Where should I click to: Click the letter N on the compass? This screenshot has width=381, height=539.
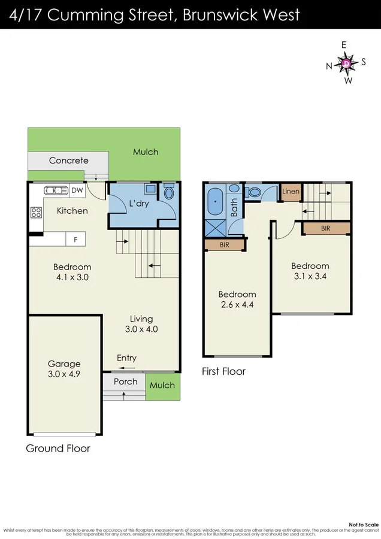(x=329, y=66)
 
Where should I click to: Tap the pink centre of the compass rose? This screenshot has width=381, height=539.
(x=346, y=63)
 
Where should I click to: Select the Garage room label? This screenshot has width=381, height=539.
(x=64, y=364)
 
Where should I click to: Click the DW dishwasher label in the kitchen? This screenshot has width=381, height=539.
(x=77, y=190)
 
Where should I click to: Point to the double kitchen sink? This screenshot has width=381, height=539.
(x=56, y=190)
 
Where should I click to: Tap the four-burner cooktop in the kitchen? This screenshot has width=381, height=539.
(x=36, y=212)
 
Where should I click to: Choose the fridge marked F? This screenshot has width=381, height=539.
(x=75, y=240)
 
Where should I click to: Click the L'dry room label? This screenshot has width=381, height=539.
(x=139, y=204)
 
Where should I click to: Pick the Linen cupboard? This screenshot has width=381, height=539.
(x=291, y=192)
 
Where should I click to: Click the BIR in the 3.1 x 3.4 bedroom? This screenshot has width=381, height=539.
(x=326, y=228)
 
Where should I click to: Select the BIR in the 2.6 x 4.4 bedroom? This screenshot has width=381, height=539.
(x=224, y=244)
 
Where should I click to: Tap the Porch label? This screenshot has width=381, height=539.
(x=125, y=381)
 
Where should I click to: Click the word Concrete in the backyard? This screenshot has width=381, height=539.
(x=68, y=161)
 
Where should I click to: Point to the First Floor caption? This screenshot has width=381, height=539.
(x=223, y=371)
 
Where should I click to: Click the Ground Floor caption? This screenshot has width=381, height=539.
(x=58, y=448)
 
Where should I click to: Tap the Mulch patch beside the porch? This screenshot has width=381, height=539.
(x=162, y=385)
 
